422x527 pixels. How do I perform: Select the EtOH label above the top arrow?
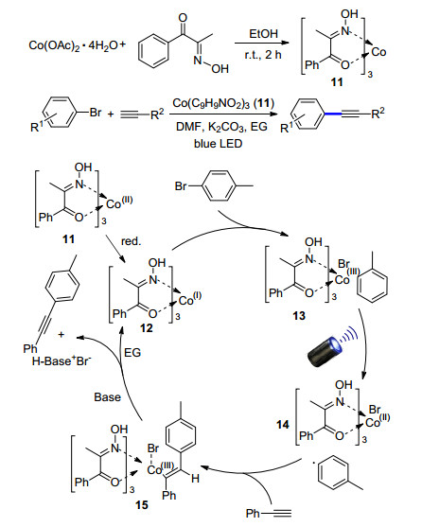click(x=264, y=34)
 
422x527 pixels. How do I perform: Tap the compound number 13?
click(x=299, y=316)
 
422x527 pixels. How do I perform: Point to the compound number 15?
click(x=141, y=504)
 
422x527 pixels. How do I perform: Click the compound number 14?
click(x=283, y=425)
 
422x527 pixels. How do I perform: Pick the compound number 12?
click(x=146, y=327)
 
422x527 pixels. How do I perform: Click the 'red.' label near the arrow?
click(x=131, y=241)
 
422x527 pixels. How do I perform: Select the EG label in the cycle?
click(x=132, y=353)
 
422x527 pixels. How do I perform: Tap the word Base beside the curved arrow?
click(x=107, y=397)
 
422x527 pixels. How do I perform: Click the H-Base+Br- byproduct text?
click(x=62, y=361)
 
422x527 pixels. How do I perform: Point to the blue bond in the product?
click(x=333, y=114)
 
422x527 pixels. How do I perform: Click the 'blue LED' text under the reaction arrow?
click(x=218, y=144)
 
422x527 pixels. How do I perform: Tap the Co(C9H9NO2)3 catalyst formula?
click(x=223, y=103)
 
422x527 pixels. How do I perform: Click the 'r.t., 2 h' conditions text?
click(x=263, y=55)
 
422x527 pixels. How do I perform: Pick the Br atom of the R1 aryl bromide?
click(x=96, y=113)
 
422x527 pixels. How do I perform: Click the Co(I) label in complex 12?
click(x=190, y=298)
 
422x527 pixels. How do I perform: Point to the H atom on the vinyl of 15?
click(x=195, y=478)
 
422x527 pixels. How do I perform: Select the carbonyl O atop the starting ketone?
click(x=183, y=19)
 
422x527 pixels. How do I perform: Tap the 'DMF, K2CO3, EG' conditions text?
click(x=221, y=127)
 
